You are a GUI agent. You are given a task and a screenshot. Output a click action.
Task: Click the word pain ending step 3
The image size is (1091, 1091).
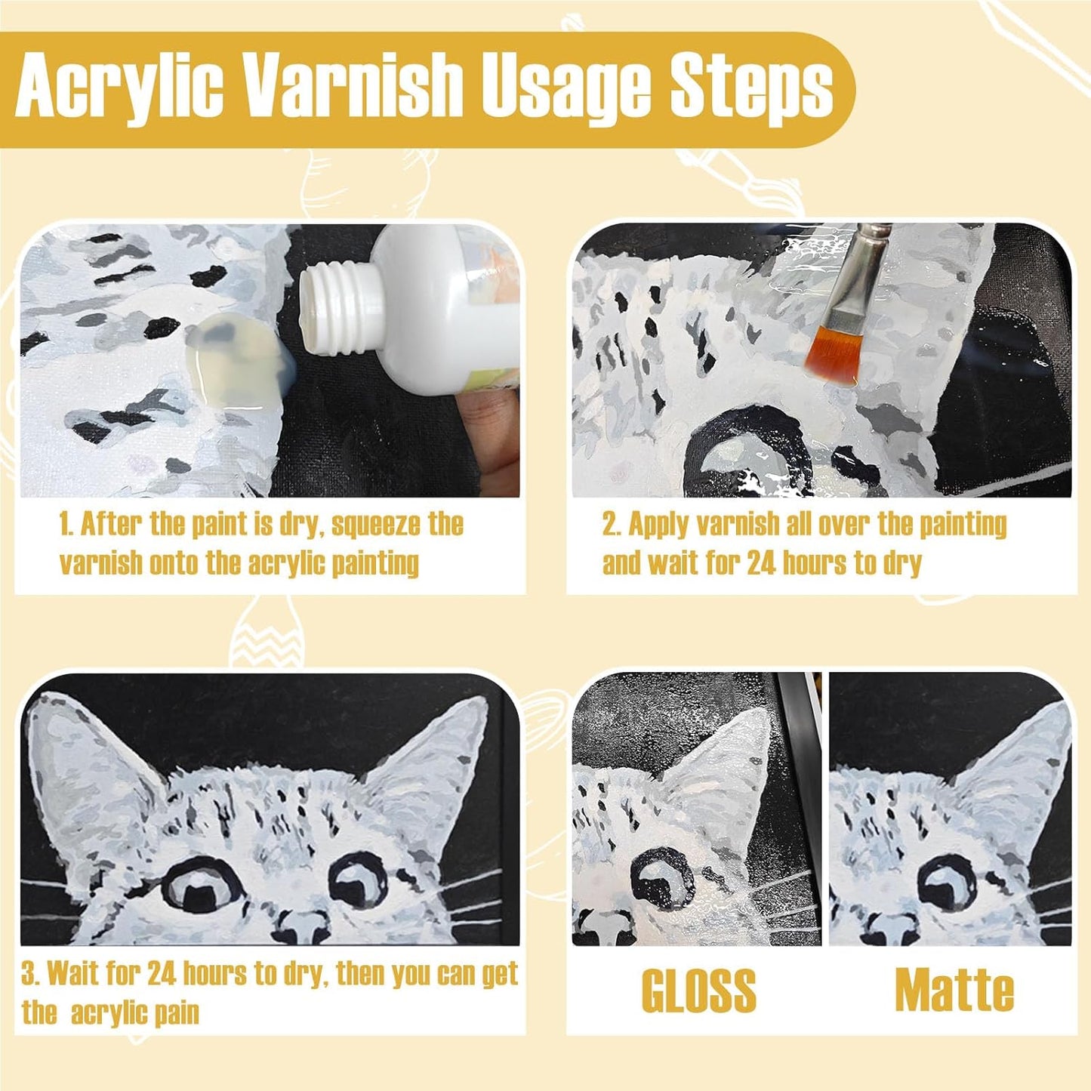click(x=174, y=1014)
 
